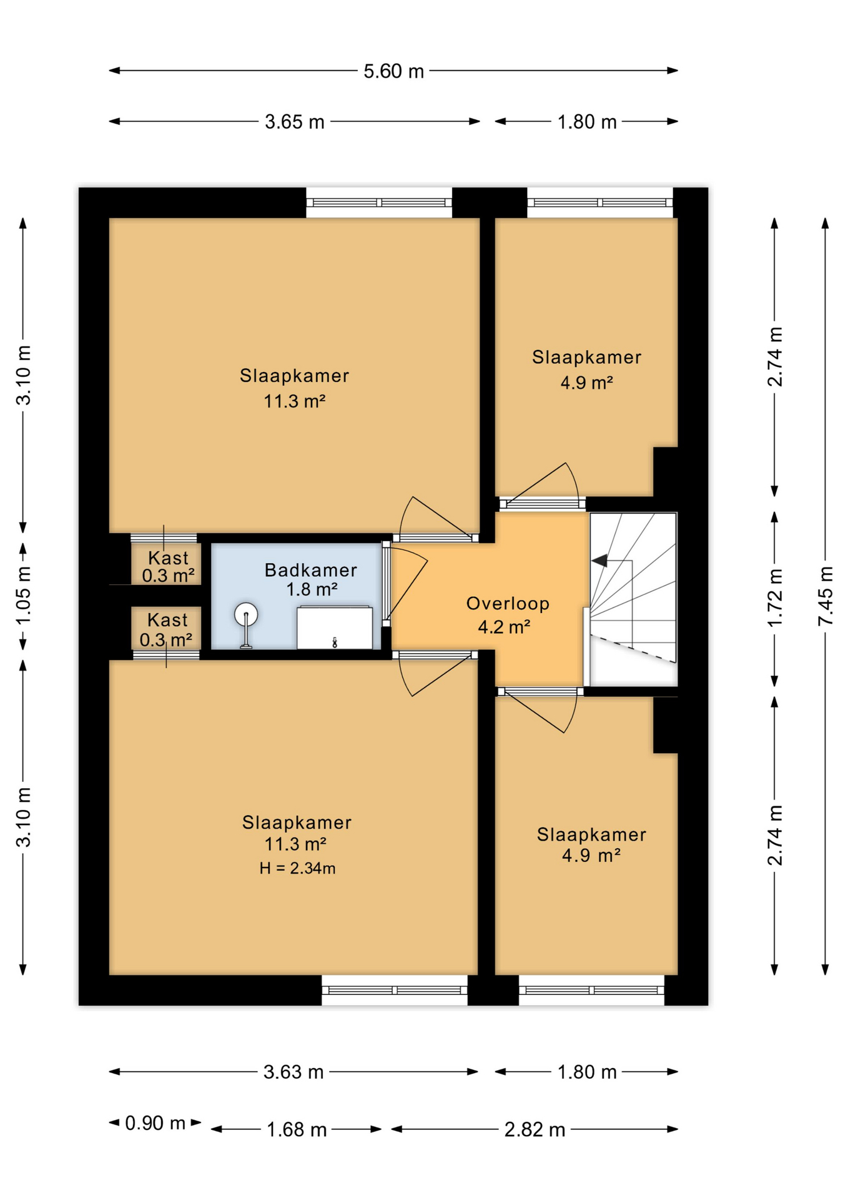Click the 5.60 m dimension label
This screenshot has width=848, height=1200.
[x=393, y=71]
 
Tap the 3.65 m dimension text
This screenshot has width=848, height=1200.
[x=294, y=122]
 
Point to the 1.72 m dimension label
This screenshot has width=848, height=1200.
[x=774, y=597]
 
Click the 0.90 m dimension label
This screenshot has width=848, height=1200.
[x=155, y=1123]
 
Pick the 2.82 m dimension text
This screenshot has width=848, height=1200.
[x=535, y=1130]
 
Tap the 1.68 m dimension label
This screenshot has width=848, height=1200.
[x=297, y=1130]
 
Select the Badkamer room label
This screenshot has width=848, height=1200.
[x=310, y=570]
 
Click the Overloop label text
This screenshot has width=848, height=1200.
[x=508, y=604]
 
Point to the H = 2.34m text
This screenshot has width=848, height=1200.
[x=297, y=868]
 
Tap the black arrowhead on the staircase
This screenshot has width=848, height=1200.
[x=599, y=561]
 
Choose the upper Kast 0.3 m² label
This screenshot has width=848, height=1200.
[x=168, y=566]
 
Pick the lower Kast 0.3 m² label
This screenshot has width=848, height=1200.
[x=167, y=629]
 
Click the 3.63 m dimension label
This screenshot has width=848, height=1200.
[x=293, y=1072]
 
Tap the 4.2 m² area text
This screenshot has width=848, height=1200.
[x=504, y=627]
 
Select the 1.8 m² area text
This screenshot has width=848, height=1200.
[x=312, y=589]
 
